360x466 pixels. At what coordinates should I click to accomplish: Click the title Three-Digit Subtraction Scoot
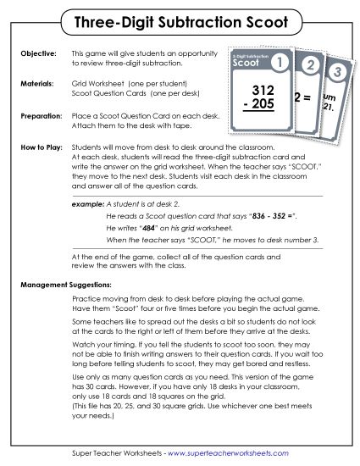tap(180, 19)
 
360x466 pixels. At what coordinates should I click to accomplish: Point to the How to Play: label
tap(38, 147)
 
